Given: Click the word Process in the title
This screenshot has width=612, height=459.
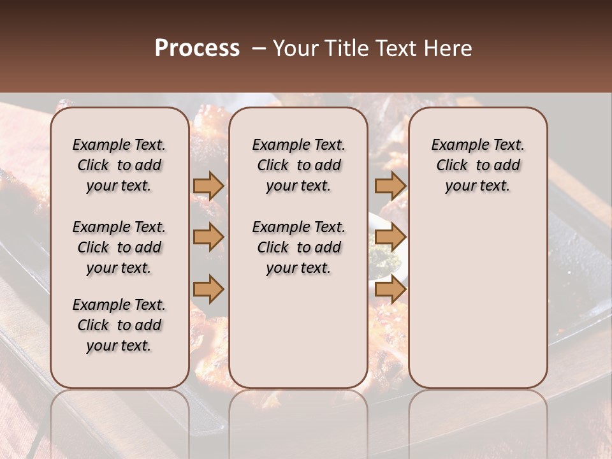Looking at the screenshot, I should tap(197, 48).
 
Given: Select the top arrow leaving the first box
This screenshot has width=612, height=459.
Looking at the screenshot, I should tap(208, 186).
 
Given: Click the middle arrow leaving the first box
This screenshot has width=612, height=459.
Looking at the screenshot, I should tap(208, 237).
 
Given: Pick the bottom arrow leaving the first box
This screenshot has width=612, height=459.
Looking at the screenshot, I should tap(208, 288).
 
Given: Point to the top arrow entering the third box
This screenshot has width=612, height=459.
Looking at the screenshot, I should tap(390, 186).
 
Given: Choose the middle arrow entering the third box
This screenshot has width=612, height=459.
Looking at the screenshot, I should tap(390, 237).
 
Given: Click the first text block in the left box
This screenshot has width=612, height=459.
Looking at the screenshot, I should tap(119, 165).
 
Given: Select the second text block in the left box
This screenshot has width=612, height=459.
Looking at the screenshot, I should tap(119, 247).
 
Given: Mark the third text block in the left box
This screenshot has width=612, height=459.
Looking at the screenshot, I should tap(119, 325).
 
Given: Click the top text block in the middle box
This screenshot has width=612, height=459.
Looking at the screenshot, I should tap(298, 165).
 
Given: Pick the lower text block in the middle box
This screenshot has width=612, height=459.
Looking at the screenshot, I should tap(298, 247).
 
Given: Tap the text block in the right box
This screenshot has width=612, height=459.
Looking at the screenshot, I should tap(477, 165).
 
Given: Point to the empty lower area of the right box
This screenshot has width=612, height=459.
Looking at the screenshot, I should tap(477, 300).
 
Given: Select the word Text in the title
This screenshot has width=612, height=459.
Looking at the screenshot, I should tap(389, 48).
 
